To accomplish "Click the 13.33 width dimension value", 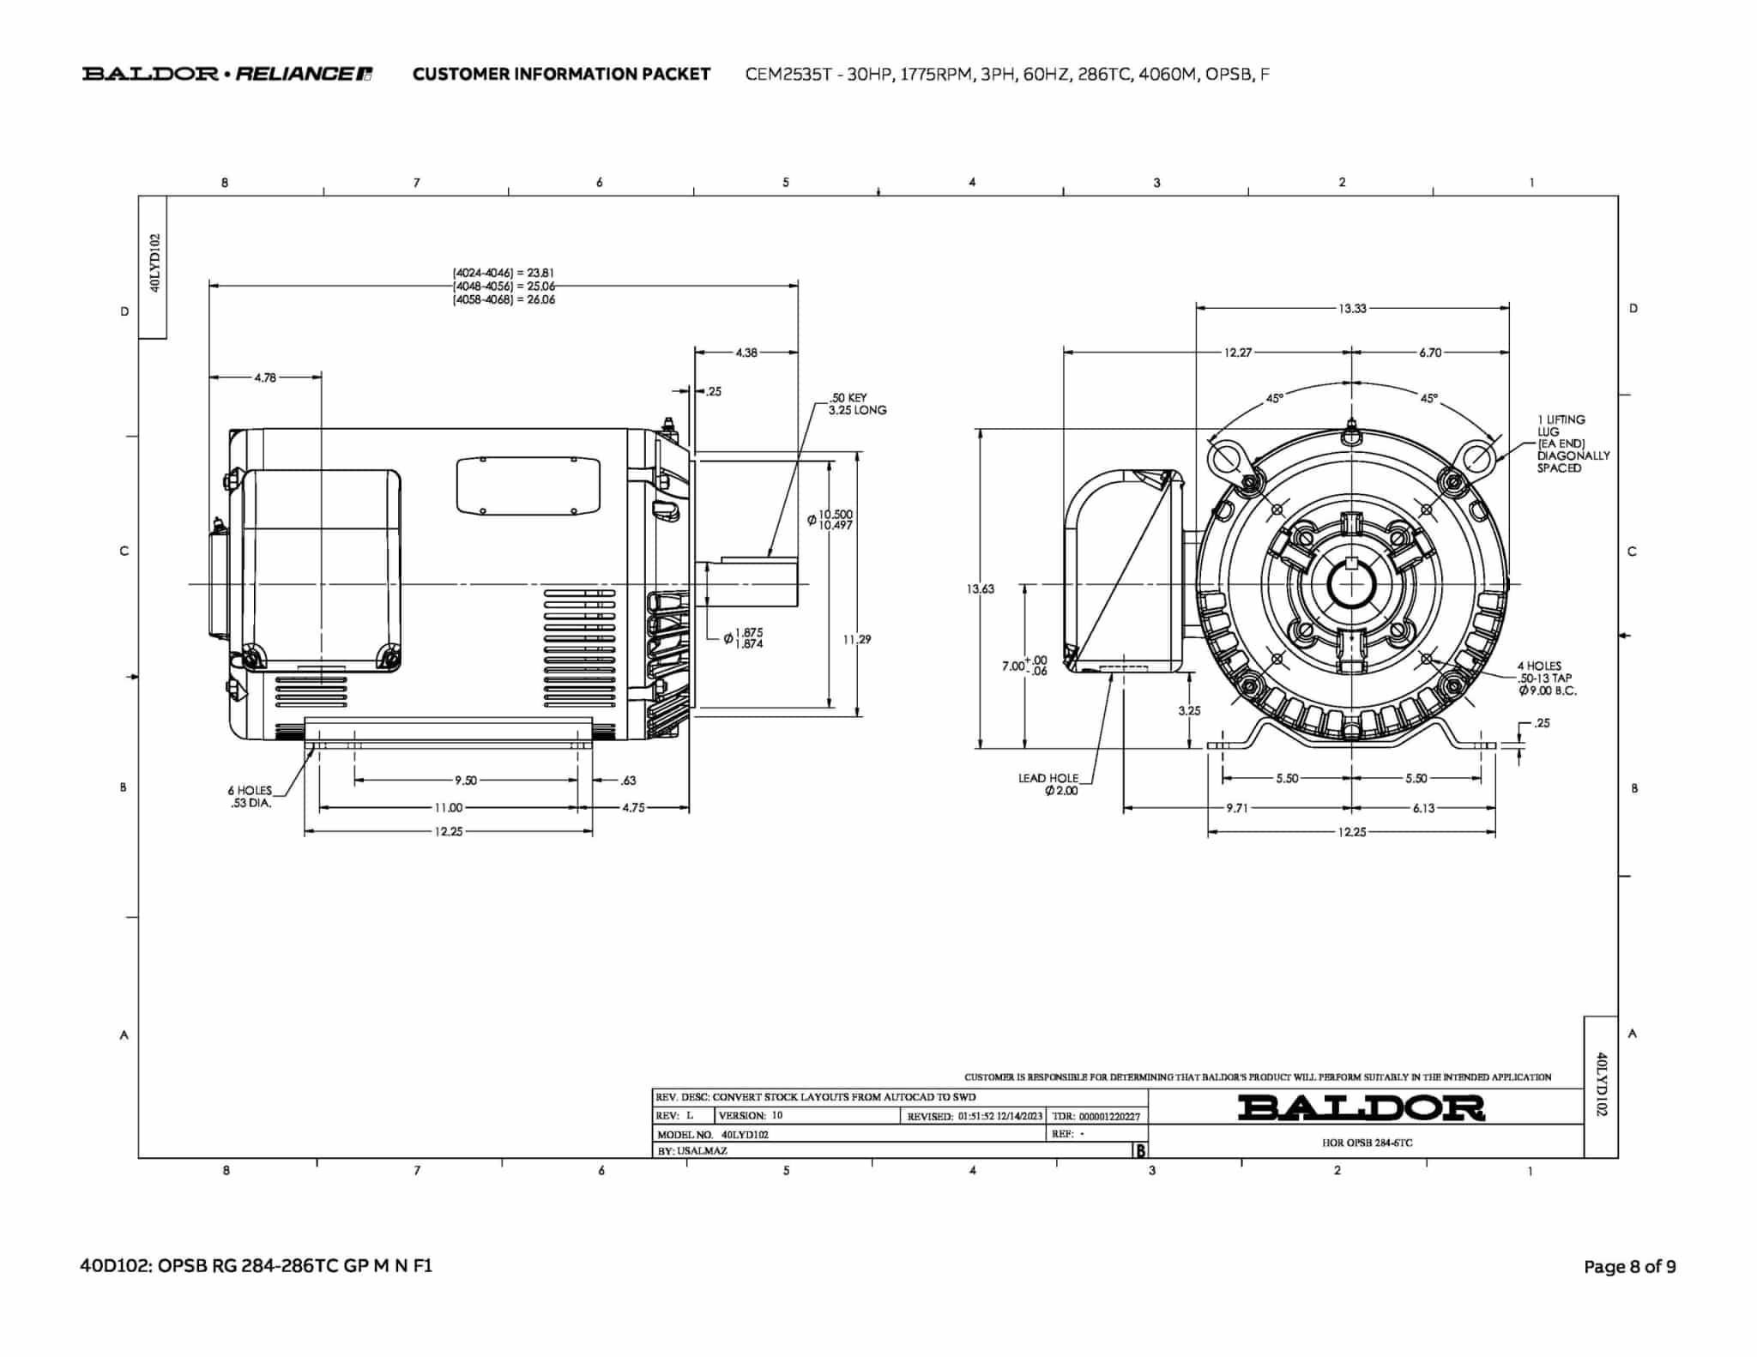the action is click(x=1352, y=308).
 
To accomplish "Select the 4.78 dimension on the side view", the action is click(x=265, y=377).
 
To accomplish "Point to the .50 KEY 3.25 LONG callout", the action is click(x=857, y=404).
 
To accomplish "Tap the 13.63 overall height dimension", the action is click(x=980, y=588).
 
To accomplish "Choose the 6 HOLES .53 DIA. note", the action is click(x=250, y=797).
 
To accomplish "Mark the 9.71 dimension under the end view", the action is click(x=1236, y=808).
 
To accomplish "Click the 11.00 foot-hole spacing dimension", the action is click(x=448, y=807).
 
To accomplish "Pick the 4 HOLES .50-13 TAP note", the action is click(x=1547, y=678).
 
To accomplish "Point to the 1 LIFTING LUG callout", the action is click(x=1573, y=443).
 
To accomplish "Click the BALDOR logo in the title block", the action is click(x=1362, y=1107).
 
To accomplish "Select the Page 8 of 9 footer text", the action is click(x=1629, y=1267).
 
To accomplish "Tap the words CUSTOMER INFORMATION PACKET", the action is click(x=561, y=74).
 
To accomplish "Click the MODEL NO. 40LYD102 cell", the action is click(x=713, y=1134).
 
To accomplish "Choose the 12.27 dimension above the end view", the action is click(x=1237, y=353).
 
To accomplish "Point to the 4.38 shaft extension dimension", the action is click(x=746, y=353).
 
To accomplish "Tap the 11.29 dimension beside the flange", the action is click(x=857, y=639).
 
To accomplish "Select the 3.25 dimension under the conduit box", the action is click(x=1189, y=711).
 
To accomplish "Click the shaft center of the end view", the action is click(x=1352, y=585).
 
